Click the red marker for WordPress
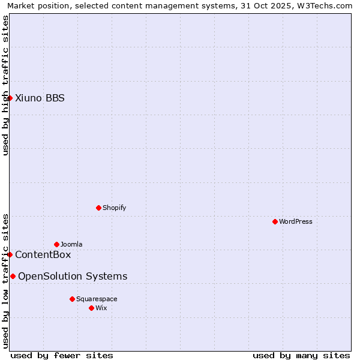click(x=275, y=221)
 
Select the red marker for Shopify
click(x=98, y=208)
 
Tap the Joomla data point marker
click(x=56, y=244)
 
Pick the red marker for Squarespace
click(x=72, y=299)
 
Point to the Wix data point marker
click(x=91, y=308)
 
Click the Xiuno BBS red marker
click(x=10, y=98)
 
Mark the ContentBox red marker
click(x=10, y=254)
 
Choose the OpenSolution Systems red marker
click(x=13, y=276)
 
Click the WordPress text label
click(x=296, y=221)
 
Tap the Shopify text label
click(x=115, y=208)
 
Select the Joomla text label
click(x=71, y=244)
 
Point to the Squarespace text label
click(x=97, y=299)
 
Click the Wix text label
click(x=101, y=308)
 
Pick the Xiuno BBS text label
click(x=40, y=98)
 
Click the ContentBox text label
click(x=43, y=254)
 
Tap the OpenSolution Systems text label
click(x=73, y=276)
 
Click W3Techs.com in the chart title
click(x=328, y=5)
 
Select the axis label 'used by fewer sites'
click(x=62, y=355)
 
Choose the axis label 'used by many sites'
click(x=301, y=355)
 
